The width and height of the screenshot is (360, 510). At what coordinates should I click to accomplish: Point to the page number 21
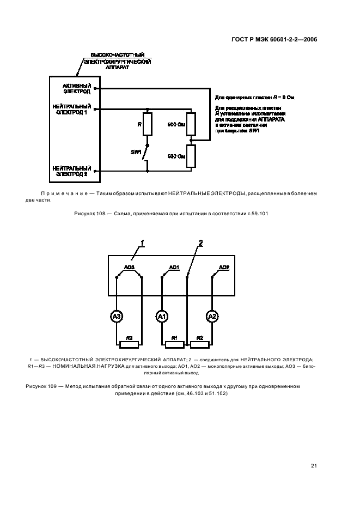tap(314, 465)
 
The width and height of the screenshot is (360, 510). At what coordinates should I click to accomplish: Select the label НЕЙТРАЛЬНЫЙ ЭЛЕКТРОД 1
tap(72, 110)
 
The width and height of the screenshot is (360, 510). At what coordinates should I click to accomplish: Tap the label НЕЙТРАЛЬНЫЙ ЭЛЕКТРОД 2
tap(72, 171)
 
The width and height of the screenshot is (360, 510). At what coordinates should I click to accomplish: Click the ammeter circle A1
tap(162, 315)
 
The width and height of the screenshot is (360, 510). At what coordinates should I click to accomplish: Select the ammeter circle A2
tap(212, 315)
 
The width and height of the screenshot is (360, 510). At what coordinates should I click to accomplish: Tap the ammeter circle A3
tap(117, 315)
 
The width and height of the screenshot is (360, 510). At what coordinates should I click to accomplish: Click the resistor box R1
tap(174, 344)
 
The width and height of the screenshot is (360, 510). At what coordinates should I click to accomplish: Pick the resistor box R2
tap(200, 344)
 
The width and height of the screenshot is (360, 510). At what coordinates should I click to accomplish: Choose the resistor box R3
tap(129, 344)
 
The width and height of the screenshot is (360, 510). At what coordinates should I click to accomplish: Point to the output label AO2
tap(224, 267)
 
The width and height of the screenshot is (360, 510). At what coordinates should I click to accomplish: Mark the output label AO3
tap(129, 267)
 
